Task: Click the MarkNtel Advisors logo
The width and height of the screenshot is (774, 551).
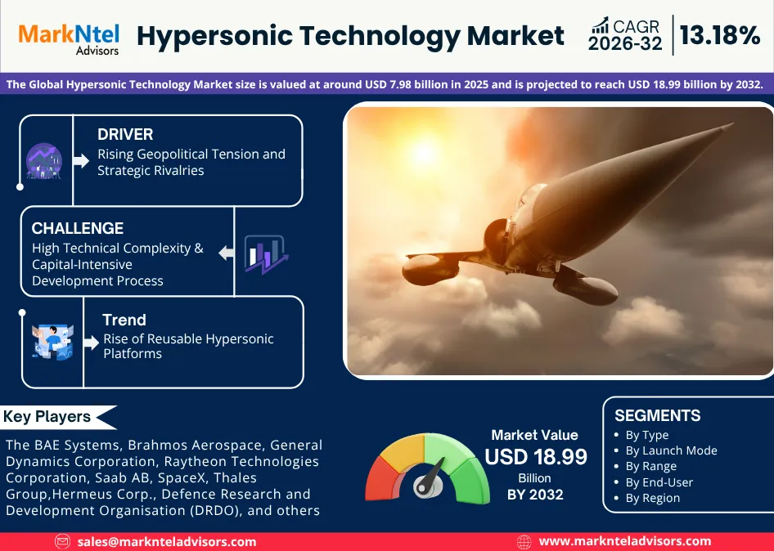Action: (x=69, y=38)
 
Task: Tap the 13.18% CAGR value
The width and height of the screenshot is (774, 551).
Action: (x=720, y=35)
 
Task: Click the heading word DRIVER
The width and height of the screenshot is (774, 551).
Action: (x=125, y=134)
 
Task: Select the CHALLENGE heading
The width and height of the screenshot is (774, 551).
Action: (x=78, y=228)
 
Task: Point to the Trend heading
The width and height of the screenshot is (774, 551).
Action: (x=124, y=320)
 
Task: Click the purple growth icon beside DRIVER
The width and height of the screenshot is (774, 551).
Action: (x=43, y=161)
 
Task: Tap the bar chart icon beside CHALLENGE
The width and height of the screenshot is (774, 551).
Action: (x=266, y=254)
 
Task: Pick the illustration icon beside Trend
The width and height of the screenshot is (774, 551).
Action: (x=52, y=342)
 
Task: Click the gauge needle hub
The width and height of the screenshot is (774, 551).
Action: (x=424, y=486)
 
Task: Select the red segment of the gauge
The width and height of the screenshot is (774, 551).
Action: (x=381, y=478)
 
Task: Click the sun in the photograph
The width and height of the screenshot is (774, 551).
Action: (x=425, y=152)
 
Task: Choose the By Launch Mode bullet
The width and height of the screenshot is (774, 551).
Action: (x=671, y=450)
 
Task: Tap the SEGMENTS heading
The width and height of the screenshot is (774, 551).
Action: (x=658, y=415)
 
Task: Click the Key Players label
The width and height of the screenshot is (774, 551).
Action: (x=47, y=417)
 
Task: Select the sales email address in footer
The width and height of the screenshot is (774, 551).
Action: (x=167, y=542)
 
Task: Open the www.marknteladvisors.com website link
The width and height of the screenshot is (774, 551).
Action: (x=625, y=542)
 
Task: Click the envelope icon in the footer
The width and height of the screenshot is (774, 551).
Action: (x=62, y=542)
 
